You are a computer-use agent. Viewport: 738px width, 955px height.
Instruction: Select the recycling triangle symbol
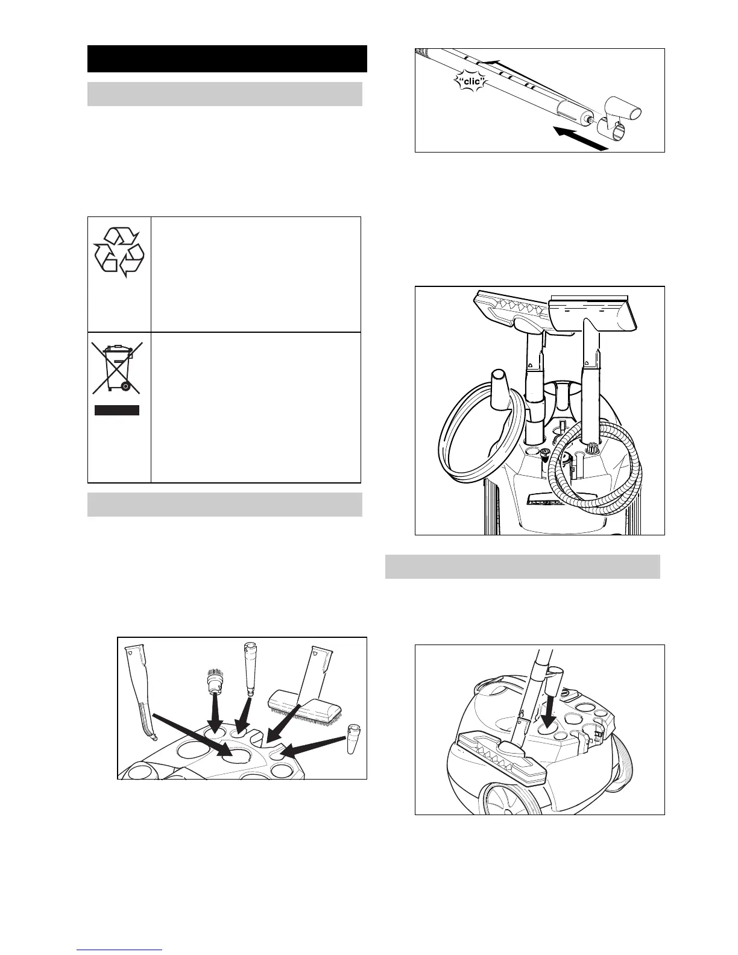click(119, 253)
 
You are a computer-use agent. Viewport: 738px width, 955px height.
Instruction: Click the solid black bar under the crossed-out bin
click(117, 411)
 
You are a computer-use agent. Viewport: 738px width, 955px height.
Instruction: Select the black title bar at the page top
click(227, 58)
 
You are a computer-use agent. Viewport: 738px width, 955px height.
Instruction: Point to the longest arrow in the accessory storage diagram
click(192, 734)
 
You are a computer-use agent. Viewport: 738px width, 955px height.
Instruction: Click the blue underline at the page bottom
click(119, 950)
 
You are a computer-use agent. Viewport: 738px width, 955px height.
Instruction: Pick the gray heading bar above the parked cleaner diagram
click(522, 567)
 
